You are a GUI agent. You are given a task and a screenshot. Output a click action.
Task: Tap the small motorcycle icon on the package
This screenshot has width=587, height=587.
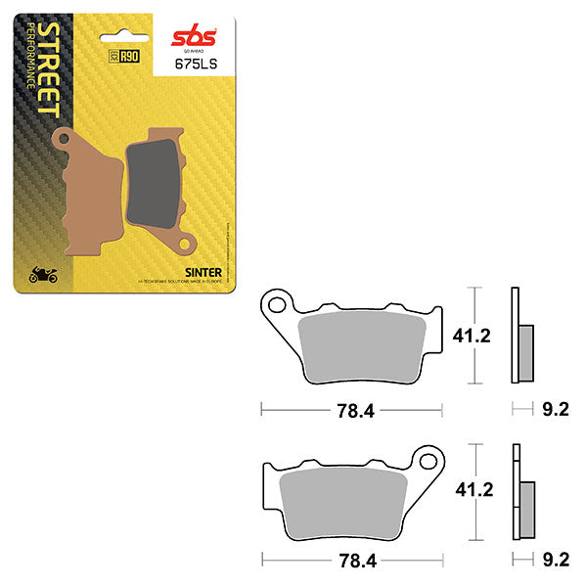pos(42,276)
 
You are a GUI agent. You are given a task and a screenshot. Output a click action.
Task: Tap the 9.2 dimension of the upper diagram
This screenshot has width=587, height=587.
pos(554,411)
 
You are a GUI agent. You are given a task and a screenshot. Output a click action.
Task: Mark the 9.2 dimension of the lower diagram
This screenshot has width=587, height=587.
pos(554,561)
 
